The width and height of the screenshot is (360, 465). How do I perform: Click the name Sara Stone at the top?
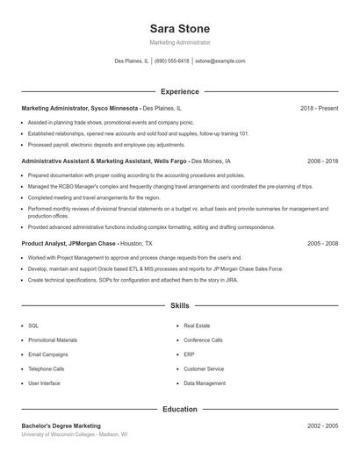[x=180, y=28]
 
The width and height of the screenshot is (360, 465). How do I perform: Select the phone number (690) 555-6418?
[x=173, y=61]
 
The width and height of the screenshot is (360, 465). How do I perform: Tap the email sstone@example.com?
[x=220, y=61]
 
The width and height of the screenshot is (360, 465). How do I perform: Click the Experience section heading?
[x=180, y=91]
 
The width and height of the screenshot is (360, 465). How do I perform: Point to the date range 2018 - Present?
[x=319, y=108]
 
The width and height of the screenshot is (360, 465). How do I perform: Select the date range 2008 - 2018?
[x=322, y=161]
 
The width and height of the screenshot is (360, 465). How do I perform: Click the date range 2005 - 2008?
[x=322, y=243]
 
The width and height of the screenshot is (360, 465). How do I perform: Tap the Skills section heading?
[x=180, y=306]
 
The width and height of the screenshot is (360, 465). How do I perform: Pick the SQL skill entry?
[x=33, y=325]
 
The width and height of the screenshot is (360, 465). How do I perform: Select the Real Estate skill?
[x=197, y=325]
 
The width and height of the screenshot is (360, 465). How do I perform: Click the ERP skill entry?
[x=189, y=354]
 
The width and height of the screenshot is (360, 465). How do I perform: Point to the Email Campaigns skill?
[x=48, y=354]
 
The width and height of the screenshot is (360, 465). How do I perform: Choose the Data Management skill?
[x=205, y=383]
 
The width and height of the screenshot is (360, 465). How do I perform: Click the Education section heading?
[x=180, y=409]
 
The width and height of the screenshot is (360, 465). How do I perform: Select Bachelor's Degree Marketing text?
[x=61, y=426]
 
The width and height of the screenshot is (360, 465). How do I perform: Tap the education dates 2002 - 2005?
[x=322, y=426]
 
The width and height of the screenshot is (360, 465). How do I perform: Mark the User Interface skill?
[x=44, y=383]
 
